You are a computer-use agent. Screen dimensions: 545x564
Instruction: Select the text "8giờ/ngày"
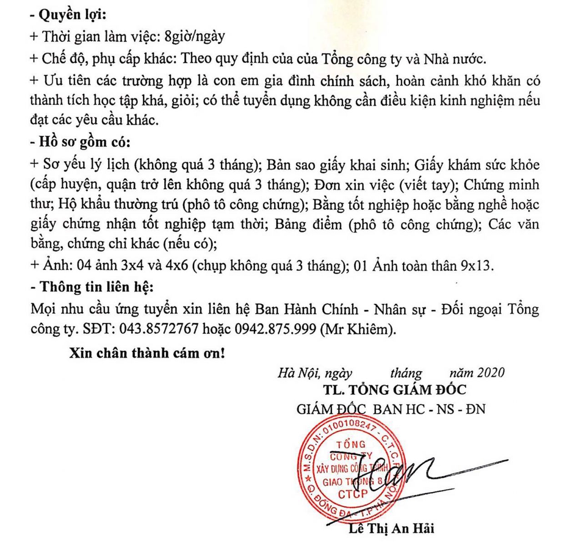(x=195, y=36)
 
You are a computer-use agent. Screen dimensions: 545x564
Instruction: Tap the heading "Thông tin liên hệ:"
(x=91, y=287)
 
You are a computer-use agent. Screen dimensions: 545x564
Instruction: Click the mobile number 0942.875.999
(x=275, y=329)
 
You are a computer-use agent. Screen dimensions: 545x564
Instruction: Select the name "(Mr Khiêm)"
(x=358, y=329)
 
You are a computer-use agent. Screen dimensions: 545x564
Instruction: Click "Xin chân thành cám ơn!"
(x=147, y=353)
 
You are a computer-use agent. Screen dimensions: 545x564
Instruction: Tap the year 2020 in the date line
(x=490, y=373)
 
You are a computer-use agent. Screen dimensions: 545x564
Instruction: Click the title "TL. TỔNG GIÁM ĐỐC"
(x=394, y=390)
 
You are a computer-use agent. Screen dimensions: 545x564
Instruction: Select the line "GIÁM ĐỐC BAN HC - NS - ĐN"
(x=391, y=409)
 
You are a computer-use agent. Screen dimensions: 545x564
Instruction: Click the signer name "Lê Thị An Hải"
(x=392, y=528)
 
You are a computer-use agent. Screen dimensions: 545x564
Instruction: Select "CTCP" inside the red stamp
(x=352, y=494)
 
